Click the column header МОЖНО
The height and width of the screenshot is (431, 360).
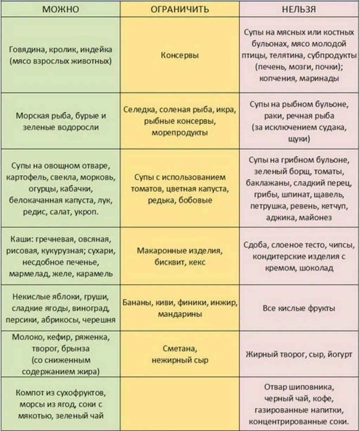pos(60,9)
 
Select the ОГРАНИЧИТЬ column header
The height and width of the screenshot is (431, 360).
pos(180,9)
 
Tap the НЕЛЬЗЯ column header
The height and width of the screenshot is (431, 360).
pos(299,9)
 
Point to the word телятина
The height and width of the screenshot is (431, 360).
pos(288,55)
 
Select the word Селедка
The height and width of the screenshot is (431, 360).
pos(140,110)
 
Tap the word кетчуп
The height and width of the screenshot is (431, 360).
pos(334,206)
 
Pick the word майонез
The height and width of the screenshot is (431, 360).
pos(315,217)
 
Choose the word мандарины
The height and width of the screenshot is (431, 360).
pos(180,314)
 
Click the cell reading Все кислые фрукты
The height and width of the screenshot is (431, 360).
pos(299,308)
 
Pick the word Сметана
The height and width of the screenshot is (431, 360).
pos(180,348)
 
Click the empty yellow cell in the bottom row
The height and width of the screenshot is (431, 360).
pos(180,404)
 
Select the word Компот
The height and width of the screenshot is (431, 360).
pos(30,393)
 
